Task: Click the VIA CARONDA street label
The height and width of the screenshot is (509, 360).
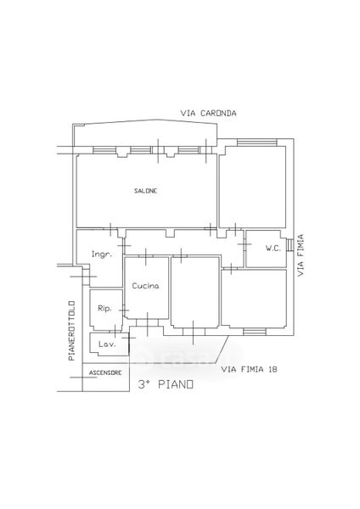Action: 208,114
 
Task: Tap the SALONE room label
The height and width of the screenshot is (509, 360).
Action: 145,191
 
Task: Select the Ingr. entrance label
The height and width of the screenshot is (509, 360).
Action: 101,255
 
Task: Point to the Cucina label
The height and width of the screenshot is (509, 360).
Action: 145,286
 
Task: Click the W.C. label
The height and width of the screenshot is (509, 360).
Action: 273,249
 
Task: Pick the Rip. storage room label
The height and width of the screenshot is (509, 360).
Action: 104,309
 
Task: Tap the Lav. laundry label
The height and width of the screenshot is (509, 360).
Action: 107,344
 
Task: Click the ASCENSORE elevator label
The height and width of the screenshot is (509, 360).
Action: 105,373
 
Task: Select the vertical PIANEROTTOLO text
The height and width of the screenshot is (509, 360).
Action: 72,331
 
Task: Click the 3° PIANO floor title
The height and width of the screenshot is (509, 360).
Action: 166,384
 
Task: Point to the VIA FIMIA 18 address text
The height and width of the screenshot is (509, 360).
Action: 250,369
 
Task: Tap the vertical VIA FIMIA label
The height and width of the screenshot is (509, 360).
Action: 301,255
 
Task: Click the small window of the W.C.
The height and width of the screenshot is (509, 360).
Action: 290,245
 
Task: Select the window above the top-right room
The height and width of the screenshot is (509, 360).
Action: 256,143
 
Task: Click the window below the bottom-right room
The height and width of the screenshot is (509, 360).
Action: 255,332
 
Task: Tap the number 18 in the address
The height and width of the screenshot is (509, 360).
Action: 273,369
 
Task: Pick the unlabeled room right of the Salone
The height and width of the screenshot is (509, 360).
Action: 252,187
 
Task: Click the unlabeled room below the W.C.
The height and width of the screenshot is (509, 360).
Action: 254,298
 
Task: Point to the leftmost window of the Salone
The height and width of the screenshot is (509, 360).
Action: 104,150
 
